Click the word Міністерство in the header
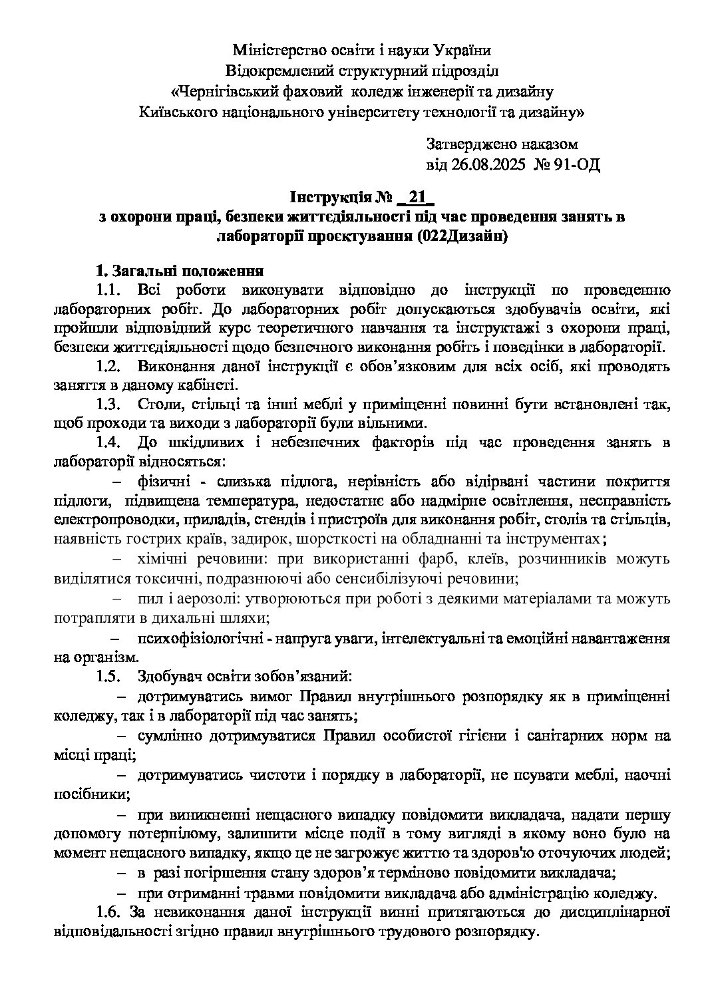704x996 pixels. click(278, 50)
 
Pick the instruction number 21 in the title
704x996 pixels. click(417, 198)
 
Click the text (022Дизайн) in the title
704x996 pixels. click(463, 236)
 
